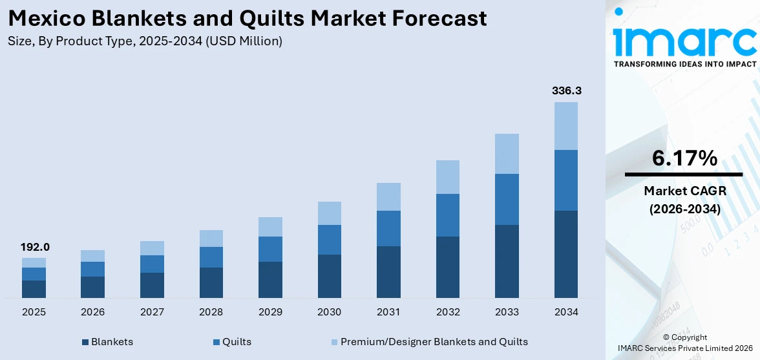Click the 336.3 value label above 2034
point(566,91)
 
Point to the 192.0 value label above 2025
point(34,247)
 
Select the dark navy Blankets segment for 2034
point(566,254)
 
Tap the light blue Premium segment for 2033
point(507,154)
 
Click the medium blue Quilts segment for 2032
point(448,215)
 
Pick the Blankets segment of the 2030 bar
point(330,276)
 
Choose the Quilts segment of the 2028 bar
point(211,257)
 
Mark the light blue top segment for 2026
point(93,256)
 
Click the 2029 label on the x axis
point(270,312)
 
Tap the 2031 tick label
point(388,312)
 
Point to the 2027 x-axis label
point(152,312)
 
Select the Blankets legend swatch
point(85,342)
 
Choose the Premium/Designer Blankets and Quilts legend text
point(434,342)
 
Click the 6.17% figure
point(684,158)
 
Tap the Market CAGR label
point(684,191)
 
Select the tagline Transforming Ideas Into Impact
point(684,64)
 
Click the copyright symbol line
point(684,337)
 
